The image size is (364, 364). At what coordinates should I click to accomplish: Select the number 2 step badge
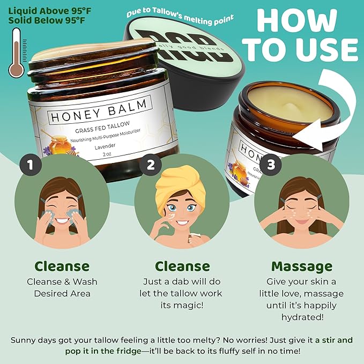point(151,165)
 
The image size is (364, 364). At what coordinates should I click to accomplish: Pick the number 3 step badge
point(271,165)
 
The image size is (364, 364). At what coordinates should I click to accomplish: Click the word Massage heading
point(301,266)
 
